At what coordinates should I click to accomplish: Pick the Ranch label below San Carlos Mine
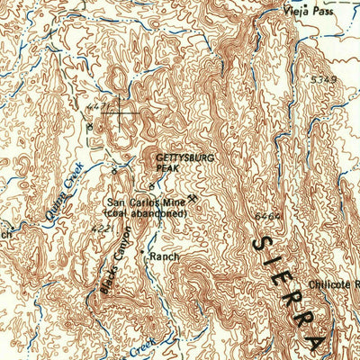pos(165,256)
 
